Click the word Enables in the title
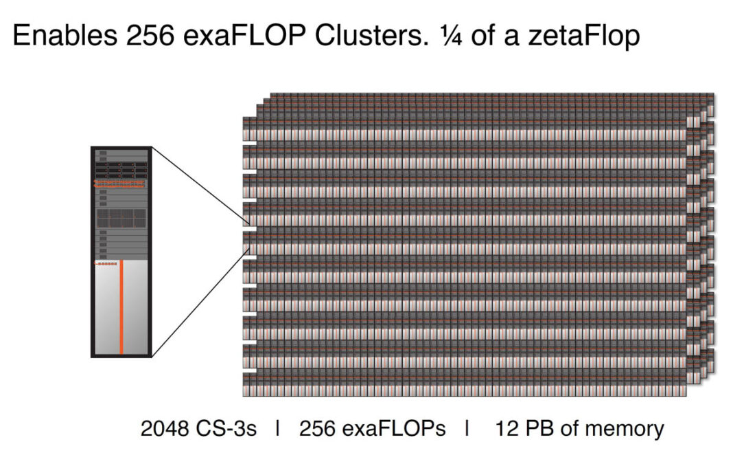click(x=65, y=35)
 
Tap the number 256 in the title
click(x=150, y=35)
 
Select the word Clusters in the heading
click(x=371, y=35)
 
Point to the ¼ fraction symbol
click(x=451, y=36)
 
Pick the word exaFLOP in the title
click(x=244, y=35)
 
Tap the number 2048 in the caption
click(x=165, y=428)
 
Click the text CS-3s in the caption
click(x=226, y=428)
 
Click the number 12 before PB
click(x=507, y=428)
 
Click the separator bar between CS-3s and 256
click(x=278, y=428)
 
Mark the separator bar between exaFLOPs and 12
click(x=467, y=428)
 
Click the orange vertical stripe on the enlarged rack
click(x=121, y=307)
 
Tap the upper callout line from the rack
click(x=200, y=184)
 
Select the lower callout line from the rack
click(x=200, y=302)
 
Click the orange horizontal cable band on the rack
click(x=119, y=184)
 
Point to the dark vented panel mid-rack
click(x=121, y=218)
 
